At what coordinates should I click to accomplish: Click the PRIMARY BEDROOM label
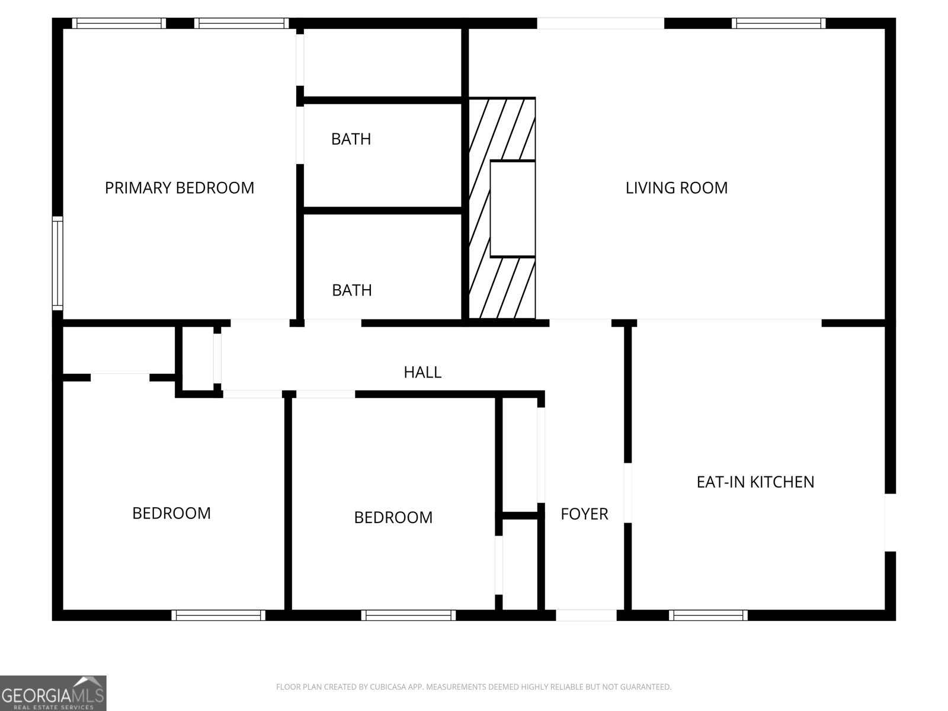pos(180,188)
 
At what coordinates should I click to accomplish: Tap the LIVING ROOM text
pos(677,188)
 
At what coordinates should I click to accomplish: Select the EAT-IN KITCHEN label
pos(755,482)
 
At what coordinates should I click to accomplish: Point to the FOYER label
pos(584,514)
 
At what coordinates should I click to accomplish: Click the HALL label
pos(422,372)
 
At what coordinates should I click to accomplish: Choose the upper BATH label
pos(351,139)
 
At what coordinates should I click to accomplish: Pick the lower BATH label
pos(352,290)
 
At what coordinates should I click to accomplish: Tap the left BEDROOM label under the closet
pos(171,513)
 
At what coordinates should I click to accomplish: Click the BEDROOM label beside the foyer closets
pos(393,517)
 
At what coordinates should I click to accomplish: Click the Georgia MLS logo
pos(53,693)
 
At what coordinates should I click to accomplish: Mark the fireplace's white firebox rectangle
pos(513,209)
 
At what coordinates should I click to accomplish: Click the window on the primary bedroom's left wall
pos(57,263)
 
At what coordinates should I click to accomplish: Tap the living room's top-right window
pos(778,24)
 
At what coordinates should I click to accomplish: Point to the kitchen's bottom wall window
pos(708,615)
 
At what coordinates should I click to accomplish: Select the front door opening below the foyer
pos(586,615)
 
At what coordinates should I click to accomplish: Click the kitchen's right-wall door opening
pos(890,522)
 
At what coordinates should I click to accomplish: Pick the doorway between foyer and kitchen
pos(627,492)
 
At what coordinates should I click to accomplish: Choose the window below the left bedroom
pos(219,615)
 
